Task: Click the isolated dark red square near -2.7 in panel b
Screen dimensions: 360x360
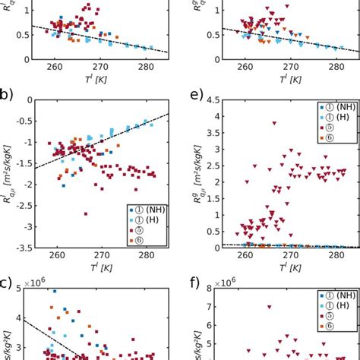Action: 85,214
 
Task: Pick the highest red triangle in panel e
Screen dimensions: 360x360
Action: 275,123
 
